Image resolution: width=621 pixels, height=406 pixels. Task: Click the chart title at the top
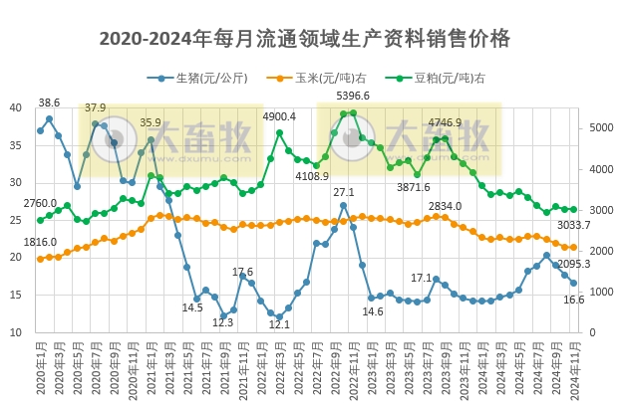tap(305, 39)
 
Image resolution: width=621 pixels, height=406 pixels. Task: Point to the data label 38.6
tap(49, 102)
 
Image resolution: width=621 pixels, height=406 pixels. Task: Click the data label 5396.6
tap(353, 97)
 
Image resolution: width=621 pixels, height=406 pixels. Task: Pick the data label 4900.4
tap(280, 116)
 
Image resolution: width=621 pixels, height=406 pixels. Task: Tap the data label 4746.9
tap(445, 123)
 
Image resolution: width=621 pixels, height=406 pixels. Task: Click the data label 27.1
tap(344, 192)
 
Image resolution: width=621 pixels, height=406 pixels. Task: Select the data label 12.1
tap(279, 324)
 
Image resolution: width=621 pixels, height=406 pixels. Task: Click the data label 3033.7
tap(574, 226)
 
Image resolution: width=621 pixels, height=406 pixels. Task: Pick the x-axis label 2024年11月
tap(573, 370)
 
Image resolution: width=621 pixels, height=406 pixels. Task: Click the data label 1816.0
tap(40, 242)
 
